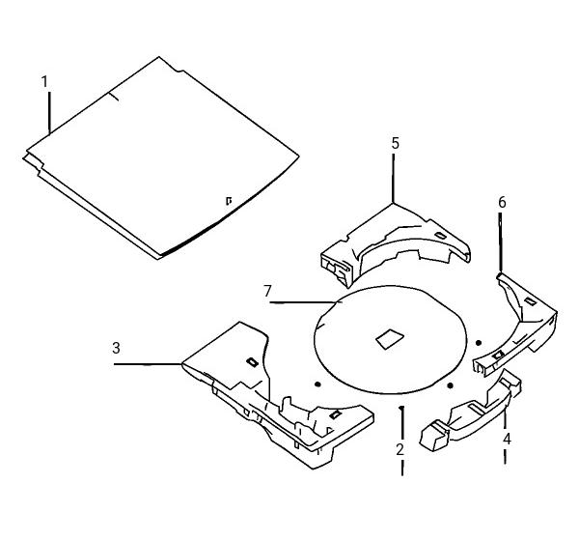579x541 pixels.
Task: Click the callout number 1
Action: click(44, 82)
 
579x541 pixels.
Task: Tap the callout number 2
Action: click(400, 449)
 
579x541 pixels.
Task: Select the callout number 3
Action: click(117, 348)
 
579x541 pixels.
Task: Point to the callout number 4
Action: click(507, 439)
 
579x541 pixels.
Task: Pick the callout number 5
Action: click(396, 143)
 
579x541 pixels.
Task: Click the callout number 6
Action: click(502, 202)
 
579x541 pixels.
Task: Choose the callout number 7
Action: click(267, 292)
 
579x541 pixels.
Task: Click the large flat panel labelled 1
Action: click(161, 158)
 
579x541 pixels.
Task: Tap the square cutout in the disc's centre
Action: click(390, 338)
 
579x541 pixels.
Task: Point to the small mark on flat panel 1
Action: click(229, 201)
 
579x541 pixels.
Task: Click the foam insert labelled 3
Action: click(278, 395)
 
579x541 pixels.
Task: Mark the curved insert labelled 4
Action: click(471, 411)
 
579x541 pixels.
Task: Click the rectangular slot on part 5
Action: click(440, 235)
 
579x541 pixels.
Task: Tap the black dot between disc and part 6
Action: click(479, 343)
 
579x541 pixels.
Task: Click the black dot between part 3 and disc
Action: click(317, 384)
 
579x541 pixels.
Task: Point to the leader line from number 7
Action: click(306, 302)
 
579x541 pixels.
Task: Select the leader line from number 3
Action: click(148, 364)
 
